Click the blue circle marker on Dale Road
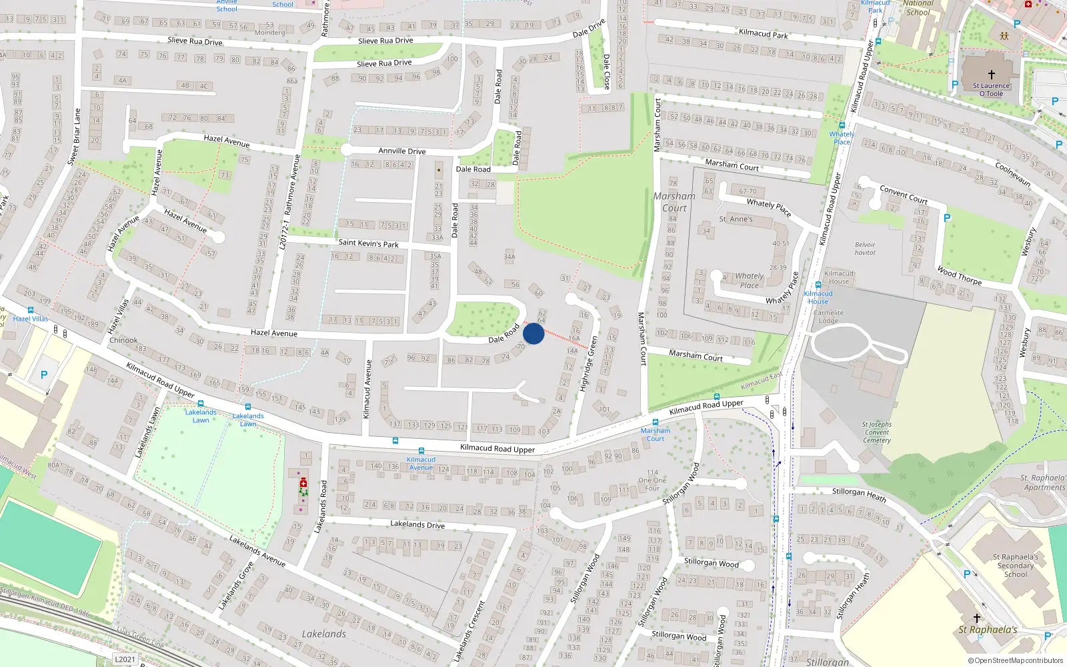point(533,333)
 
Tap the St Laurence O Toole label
point(991,89)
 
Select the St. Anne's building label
point(736,219)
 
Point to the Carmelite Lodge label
point(828,316)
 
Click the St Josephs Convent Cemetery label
point(876,432)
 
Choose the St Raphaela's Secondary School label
point(1015,566)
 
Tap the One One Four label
point(652,480)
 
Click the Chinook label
point(123,340)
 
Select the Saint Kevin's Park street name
point(368,243)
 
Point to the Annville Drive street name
point(401,151)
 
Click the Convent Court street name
point(904,194)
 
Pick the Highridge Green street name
point(588,364)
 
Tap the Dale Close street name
point(606,71)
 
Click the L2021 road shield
point(125,659)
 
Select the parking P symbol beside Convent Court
point(947,218)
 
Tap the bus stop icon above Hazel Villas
point(31,310)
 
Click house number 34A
point(509,256)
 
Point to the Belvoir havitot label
point(865,249)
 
